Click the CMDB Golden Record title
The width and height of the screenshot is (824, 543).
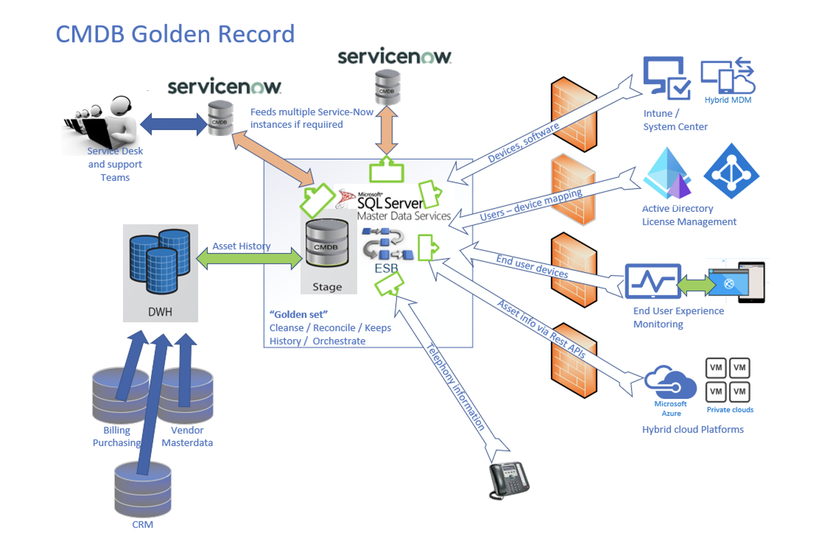pos(175,34)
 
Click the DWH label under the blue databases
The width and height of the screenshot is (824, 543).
pos(160,312)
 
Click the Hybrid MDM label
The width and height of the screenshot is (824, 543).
pos(728,100)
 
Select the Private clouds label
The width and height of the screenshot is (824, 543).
pos(730,410)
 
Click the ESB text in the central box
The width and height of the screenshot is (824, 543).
pos(386,268)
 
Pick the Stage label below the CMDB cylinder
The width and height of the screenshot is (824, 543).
pos(327,287)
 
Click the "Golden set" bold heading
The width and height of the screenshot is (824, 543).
pos(299,314)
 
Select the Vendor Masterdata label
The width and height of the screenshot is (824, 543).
pos(187,437)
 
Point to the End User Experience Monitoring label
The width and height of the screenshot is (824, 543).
pos(678,317)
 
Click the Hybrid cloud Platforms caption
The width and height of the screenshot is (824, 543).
pos(693,429)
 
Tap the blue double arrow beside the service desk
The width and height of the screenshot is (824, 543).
pos(173,124)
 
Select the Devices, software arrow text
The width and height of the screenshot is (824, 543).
pos(523,142)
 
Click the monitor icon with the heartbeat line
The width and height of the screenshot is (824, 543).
pos(653,281)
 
